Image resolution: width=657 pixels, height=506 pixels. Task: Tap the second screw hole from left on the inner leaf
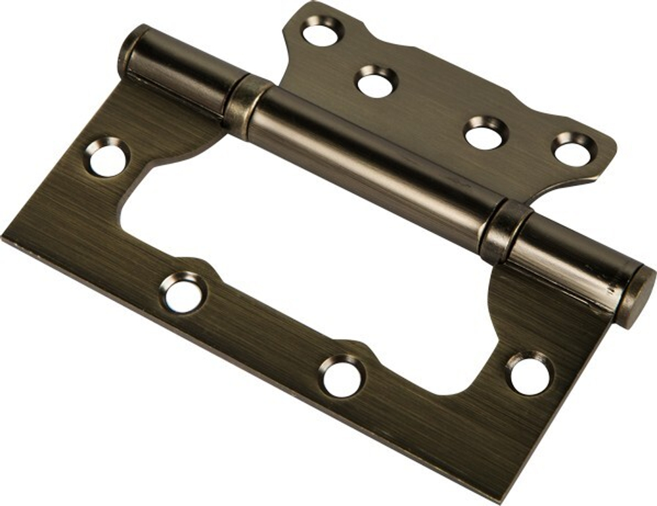[376, 82]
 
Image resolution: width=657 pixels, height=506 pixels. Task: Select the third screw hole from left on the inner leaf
[486, 133]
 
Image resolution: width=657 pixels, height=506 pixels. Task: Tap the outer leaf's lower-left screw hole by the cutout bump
[183, 293]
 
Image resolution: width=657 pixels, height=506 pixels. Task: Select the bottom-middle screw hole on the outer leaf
[342, 376]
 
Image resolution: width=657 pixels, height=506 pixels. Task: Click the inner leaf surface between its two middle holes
[430, 108]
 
